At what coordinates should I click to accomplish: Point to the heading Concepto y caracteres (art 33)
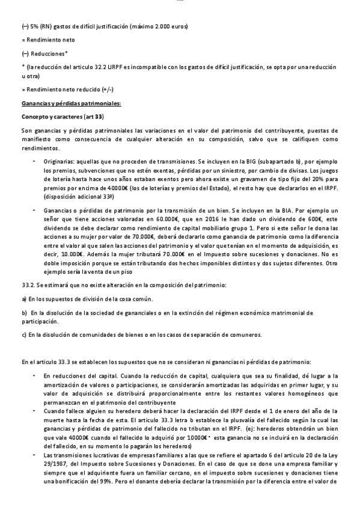coord(54,116)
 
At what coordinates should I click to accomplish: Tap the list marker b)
coord(24,313)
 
